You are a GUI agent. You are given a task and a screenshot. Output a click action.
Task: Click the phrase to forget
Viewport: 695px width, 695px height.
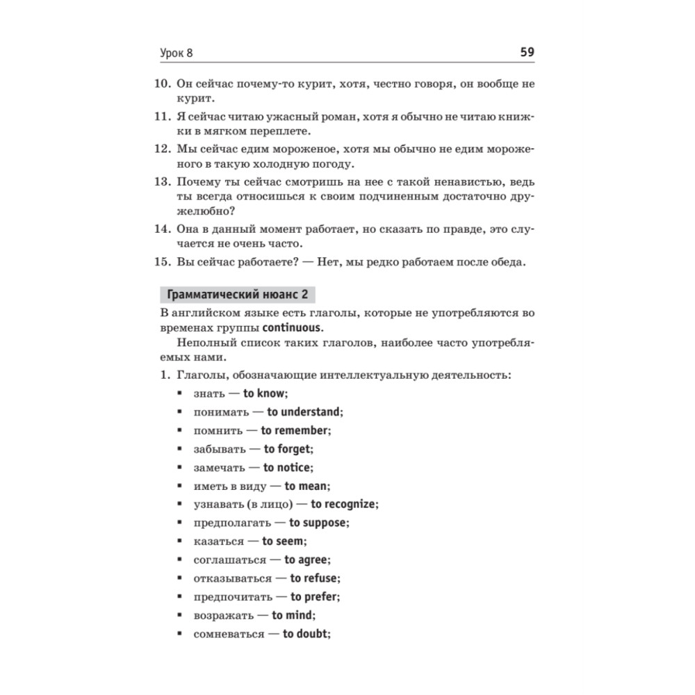(x=288, y=449)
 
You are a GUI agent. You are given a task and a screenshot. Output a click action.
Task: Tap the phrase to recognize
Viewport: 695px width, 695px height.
(x=343, y=505)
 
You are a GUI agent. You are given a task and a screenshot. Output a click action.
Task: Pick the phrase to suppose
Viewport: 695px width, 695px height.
(x=318, y=523)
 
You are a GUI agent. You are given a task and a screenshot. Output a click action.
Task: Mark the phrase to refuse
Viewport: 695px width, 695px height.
(x=314, y=578)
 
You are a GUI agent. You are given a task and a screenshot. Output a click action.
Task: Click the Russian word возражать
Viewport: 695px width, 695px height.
(x=223, y=616)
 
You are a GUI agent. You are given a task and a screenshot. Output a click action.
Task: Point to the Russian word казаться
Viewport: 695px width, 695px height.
(x=219, y=541)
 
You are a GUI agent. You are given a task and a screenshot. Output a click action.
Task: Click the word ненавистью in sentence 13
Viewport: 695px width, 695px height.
(x=461, y=183)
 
